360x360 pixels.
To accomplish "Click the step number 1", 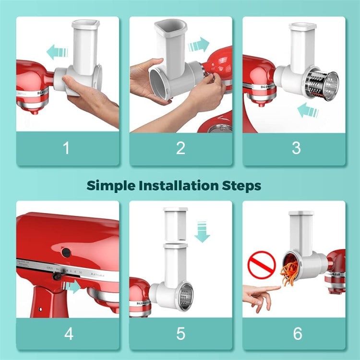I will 66,148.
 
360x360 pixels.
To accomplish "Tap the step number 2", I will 180,148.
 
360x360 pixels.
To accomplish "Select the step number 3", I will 296,148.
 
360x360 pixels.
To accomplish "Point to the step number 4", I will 69,334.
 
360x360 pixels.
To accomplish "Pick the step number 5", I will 180,334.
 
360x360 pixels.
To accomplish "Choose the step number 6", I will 298,334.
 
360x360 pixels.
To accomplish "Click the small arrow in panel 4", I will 73,288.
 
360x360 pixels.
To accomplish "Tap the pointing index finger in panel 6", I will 262,290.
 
